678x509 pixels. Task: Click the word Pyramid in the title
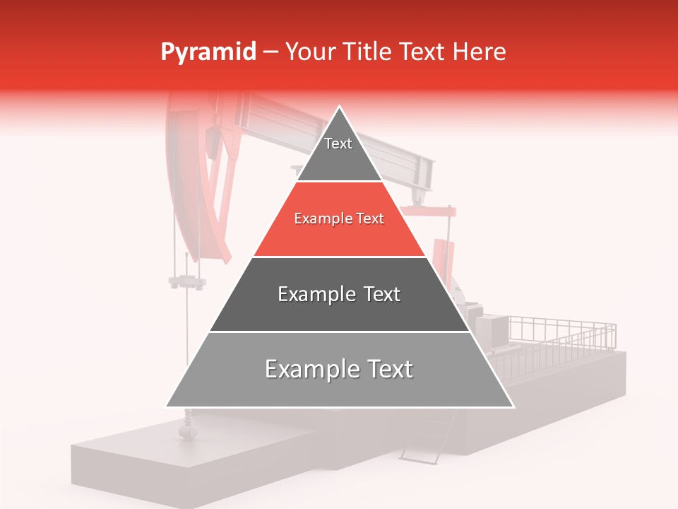(208, 52)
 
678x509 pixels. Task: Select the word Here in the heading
(480, 52)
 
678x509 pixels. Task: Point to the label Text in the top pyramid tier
(338, 144)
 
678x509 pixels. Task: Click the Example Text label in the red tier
(339, 218)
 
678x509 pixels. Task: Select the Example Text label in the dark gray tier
(339, 294)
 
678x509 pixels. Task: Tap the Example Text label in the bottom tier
(339, 369)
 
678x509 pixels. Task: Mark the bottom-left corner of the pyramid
(167, 406)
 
